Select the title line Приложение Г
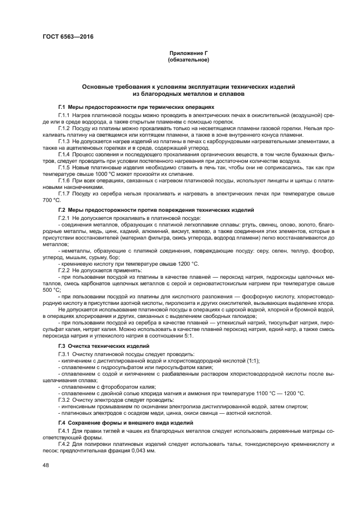(188, 53)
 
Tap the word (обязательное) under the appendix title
(188, 59)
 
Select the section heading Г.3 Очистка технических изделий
(103, 346)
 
